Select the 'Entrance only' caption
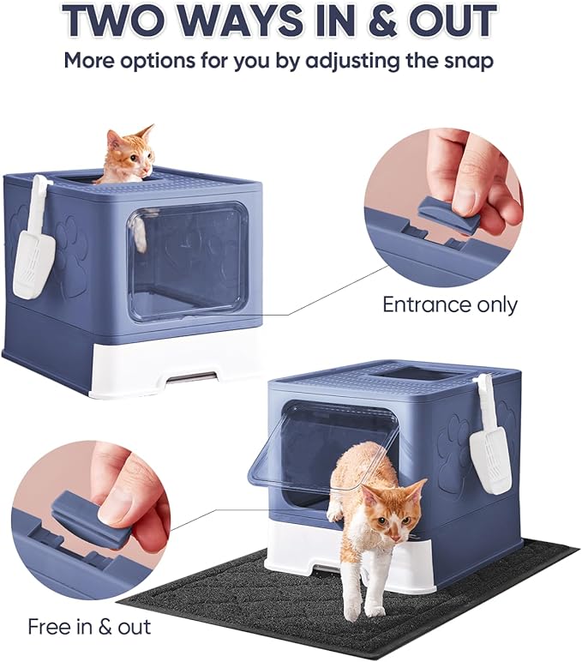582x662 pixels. click(449, 304)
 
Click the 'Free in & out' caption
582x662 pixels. click(89, 626)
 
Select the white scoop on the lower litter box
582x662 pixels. click(489, 445)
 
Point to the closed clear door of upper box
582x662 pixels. click(189, 257)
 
